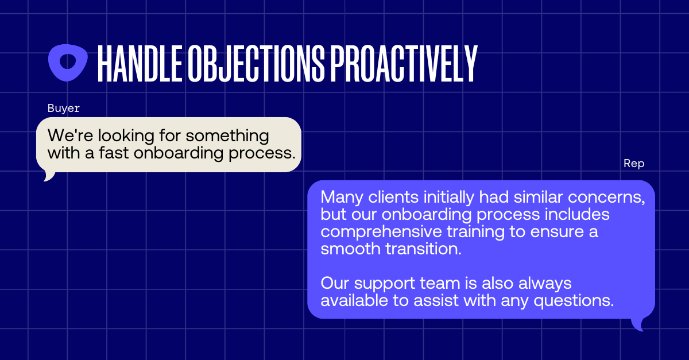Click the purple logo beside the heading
pyautogui.click(x=68, y=62)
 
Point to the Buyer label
pyautogui.click(x=63, y=109)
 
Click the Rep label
pyautogui.click(x=634, y=164)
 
